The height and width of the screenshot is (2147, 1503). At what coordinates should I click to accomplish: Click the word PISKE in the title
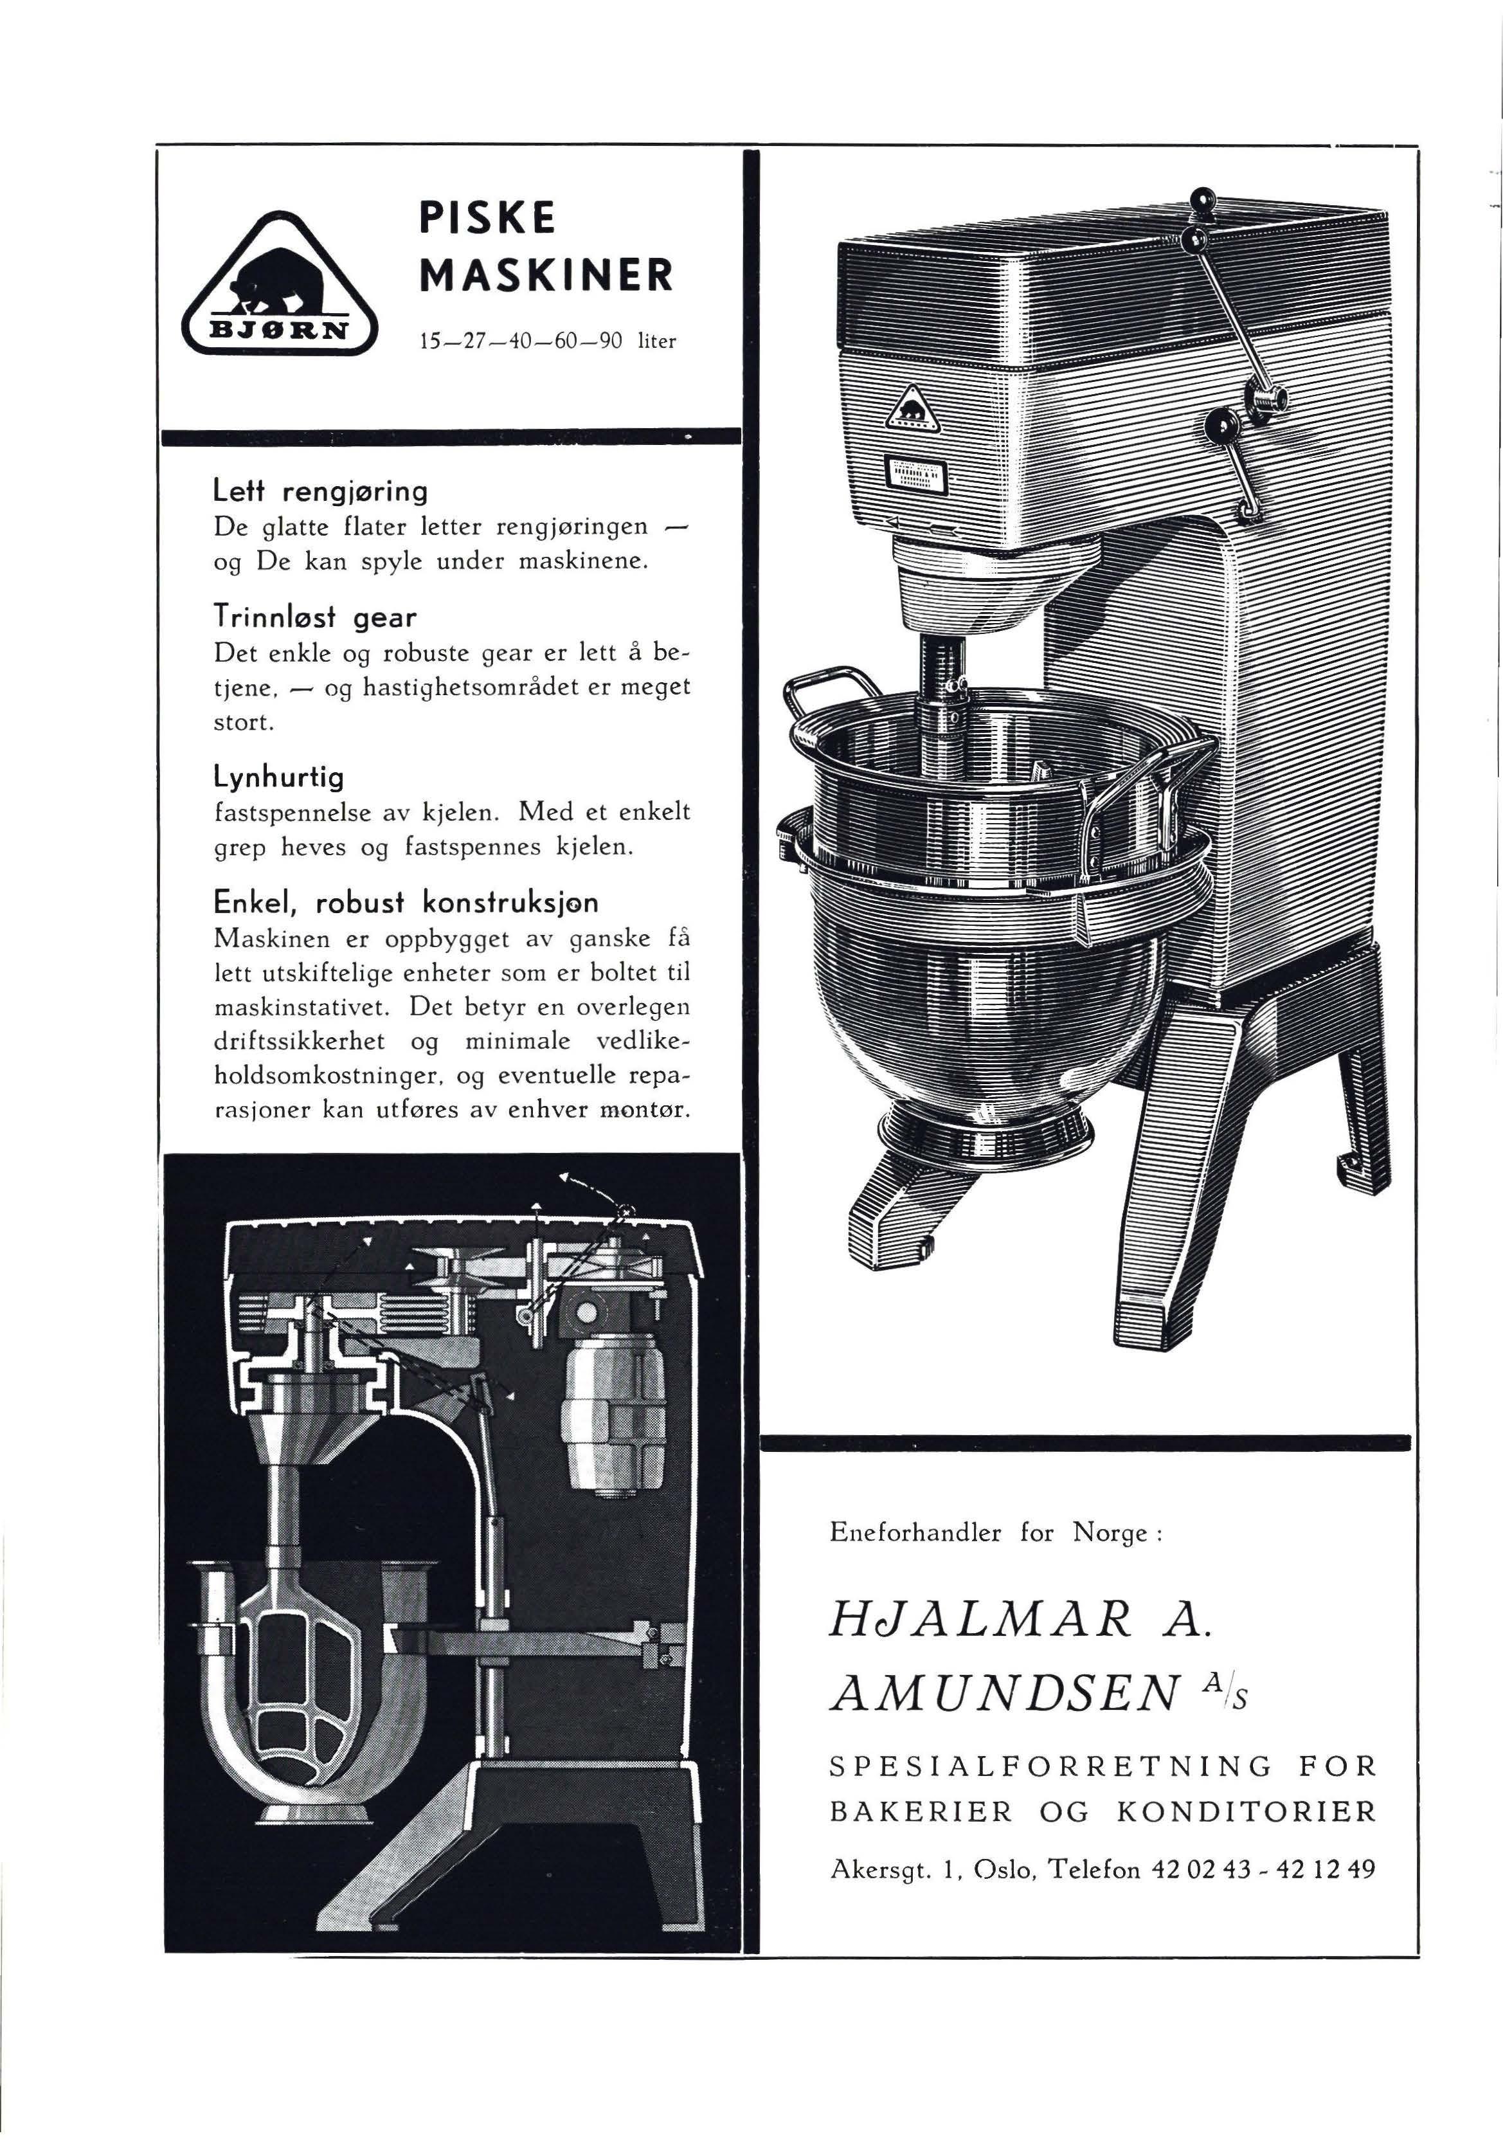(487, 218)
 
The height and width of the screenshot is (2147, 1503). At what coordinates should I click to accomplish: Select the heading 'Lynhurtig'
(278, 776)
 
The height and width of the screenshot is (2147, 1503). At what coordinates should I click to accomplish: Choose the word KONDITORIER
(1246, 1812)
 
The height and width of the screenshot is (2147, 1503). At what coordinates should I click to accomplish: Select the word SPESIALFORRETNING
(1050, 1766)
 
